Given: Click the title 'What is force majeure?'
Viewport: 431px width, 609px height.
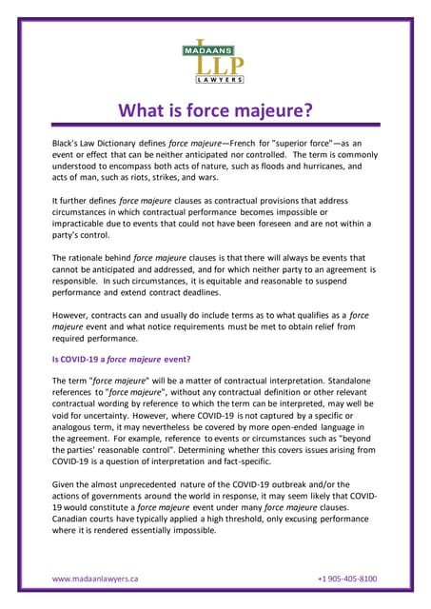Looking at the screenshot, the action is coord(215,110).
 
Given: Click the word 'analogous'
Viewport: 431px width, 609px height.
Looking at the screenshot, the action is coord(77,427).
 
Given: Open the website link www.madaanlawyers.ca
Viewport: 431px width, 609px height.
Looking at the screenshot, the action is coord(95,578).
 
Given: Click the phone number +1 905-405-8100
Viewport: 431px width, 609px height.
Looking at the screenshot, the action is coord(346,578).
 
